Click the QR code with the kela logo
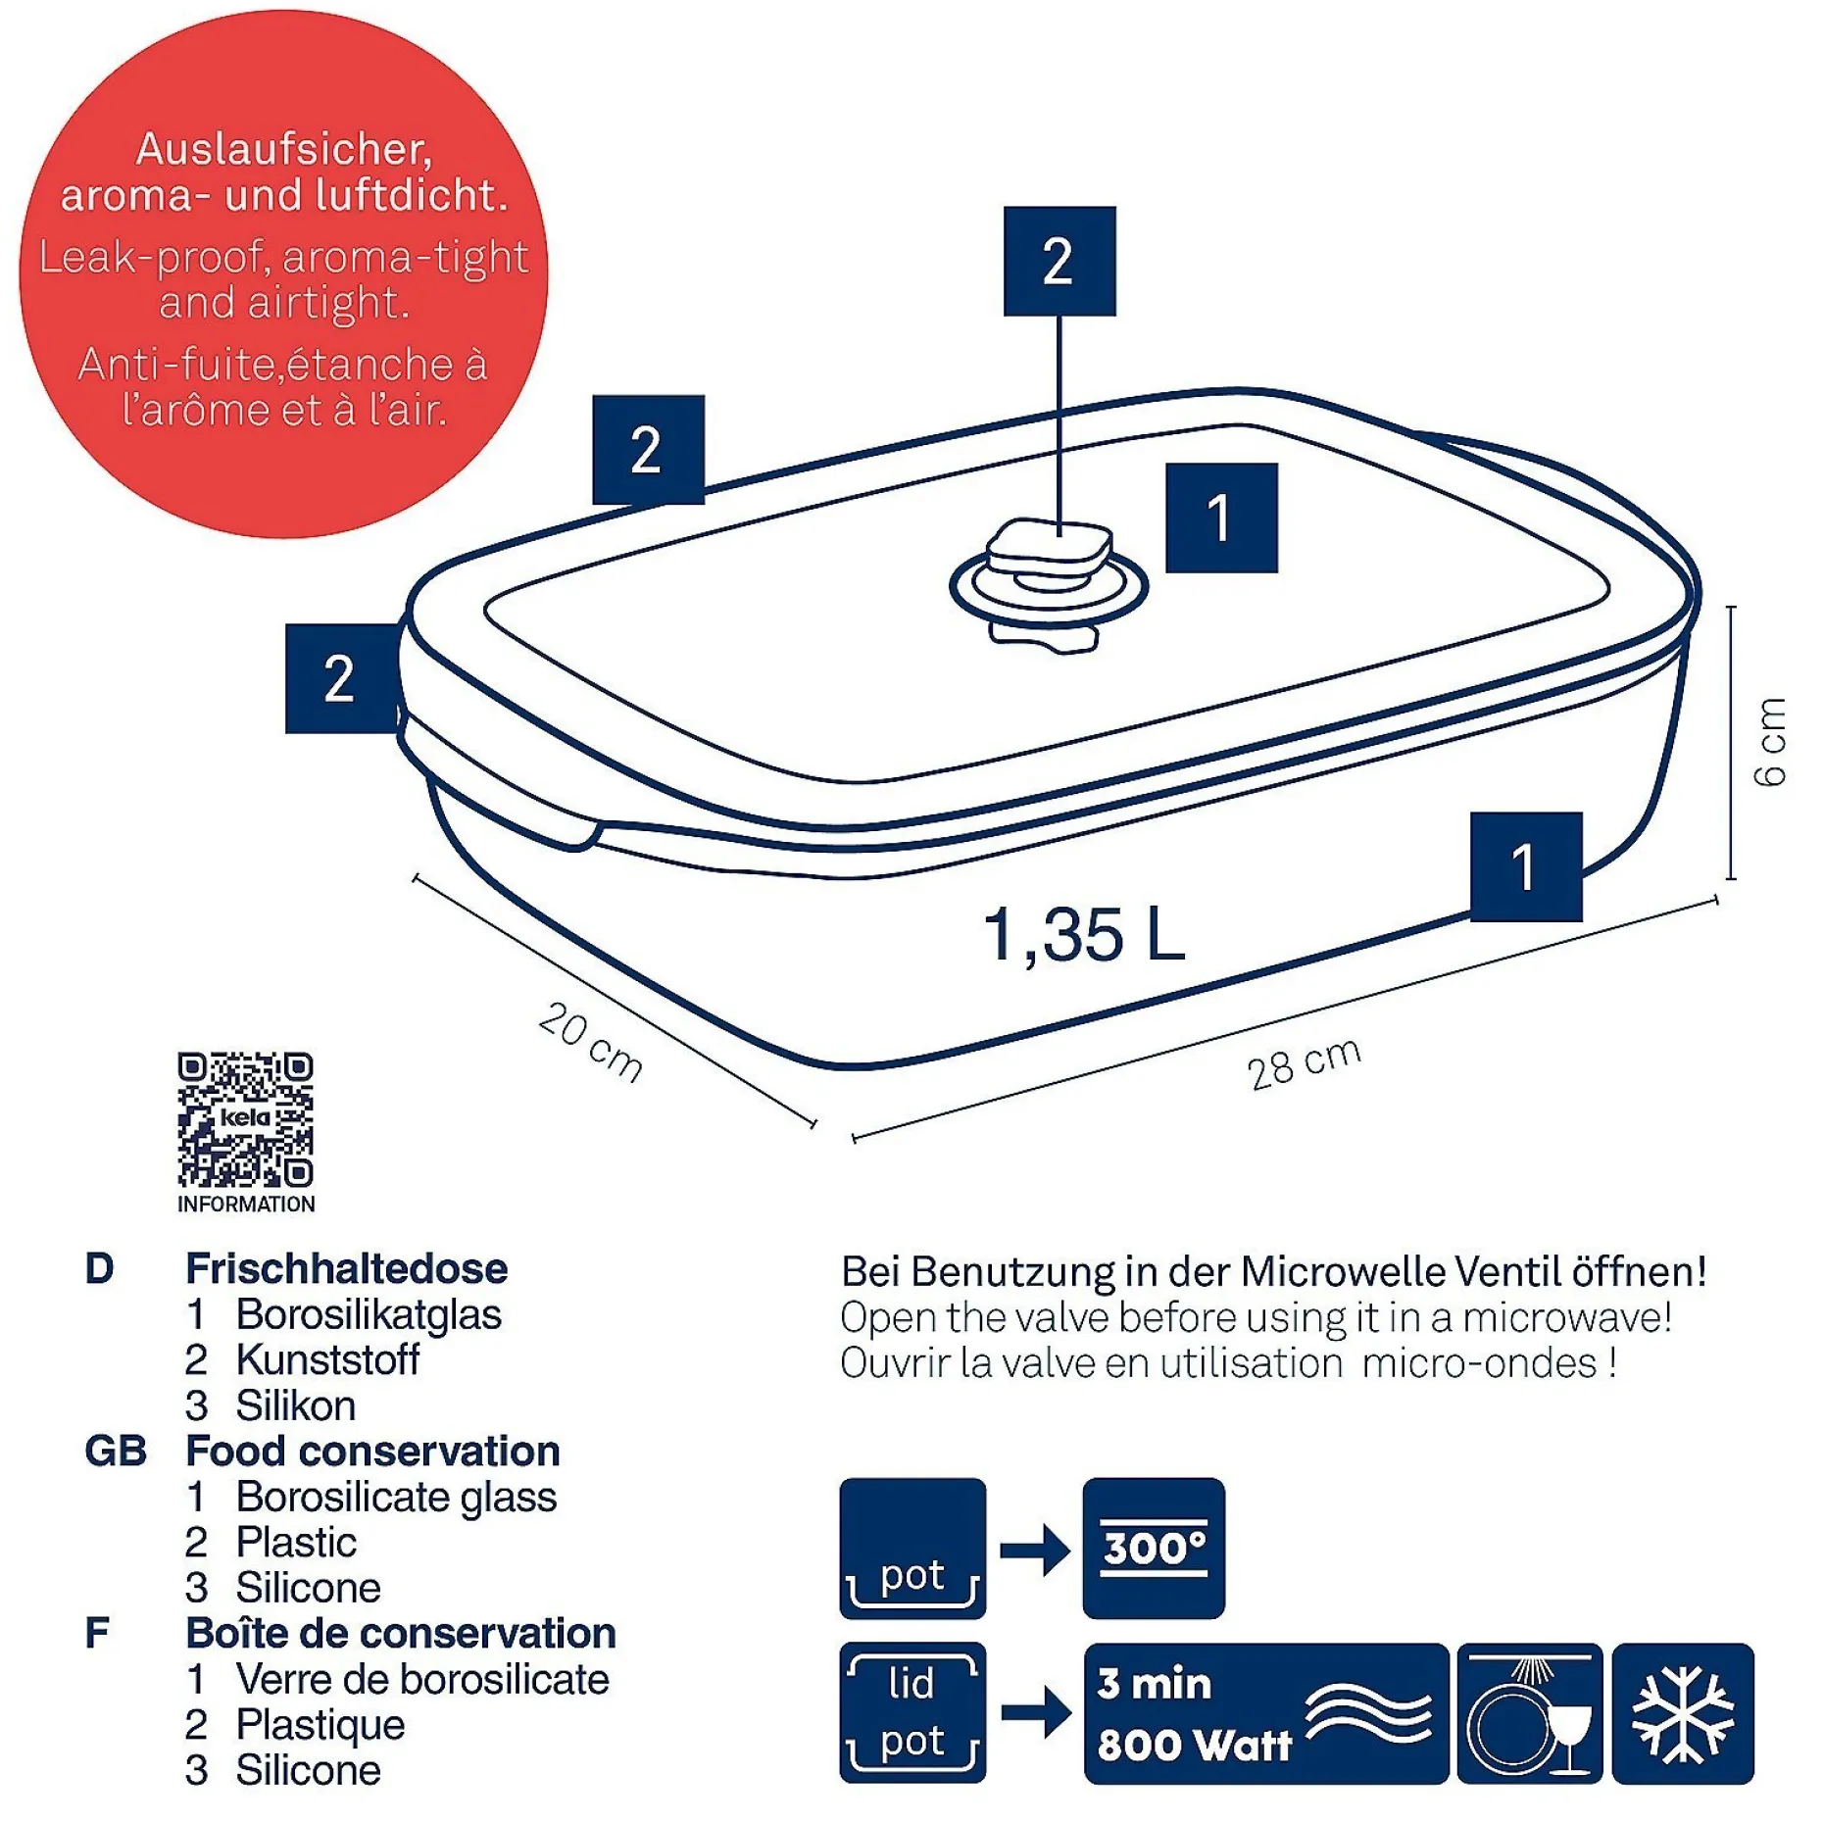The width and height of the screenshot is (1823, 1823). click(x=245, y=1118)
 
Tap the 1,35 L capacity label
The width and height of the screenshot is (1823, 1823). click(x=1083, y=934)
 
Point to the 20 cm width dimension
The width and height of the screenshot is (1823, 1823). click(x=590, y=1041)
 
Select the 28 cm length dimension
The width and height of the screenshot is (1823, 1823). click(x=1305, y=1063)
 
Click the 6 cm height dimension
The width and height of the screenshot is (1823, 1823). click(x=1770, y=742)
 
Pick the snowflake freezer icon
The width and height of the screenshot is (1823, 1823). click(x=1682, y=1713)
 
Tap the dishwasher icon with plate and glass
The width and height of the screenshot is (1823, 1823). click(x=1529, y=1713)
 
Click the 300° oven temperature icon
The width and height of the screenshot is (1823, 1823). click(x=1154, y=1548)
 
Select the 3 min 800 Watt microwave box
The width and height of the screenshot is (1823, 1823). click(x=1265, y=1713)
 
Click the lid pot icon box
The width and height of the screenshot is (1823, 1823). click(x=912, y=1712)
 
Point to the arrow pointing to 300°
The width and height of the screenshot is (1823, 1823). click(x=1035, y=1550)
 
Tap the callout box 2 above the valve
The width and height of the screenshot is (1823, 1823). click(x=1059, y=261)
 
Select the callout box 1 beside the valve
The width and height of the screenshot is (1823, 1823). click(x=1221, y=517)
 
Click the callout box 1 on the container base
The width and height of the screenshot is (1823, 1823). click(x=1526, y=866)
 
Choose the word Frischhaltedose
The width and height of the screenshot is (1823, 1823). click(x=347, y=1268)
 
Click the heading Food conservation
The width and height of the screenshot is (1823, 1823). click(x=372, y=1451)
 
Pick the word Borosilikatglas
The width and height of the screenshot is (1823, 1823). click(x=369, y=1314)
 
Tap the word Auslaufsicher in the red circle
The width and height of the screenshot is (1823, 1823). click(x=284, y=150)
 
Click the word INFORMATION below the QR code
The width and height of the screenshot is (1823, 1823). click(x=246, y=1204)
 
